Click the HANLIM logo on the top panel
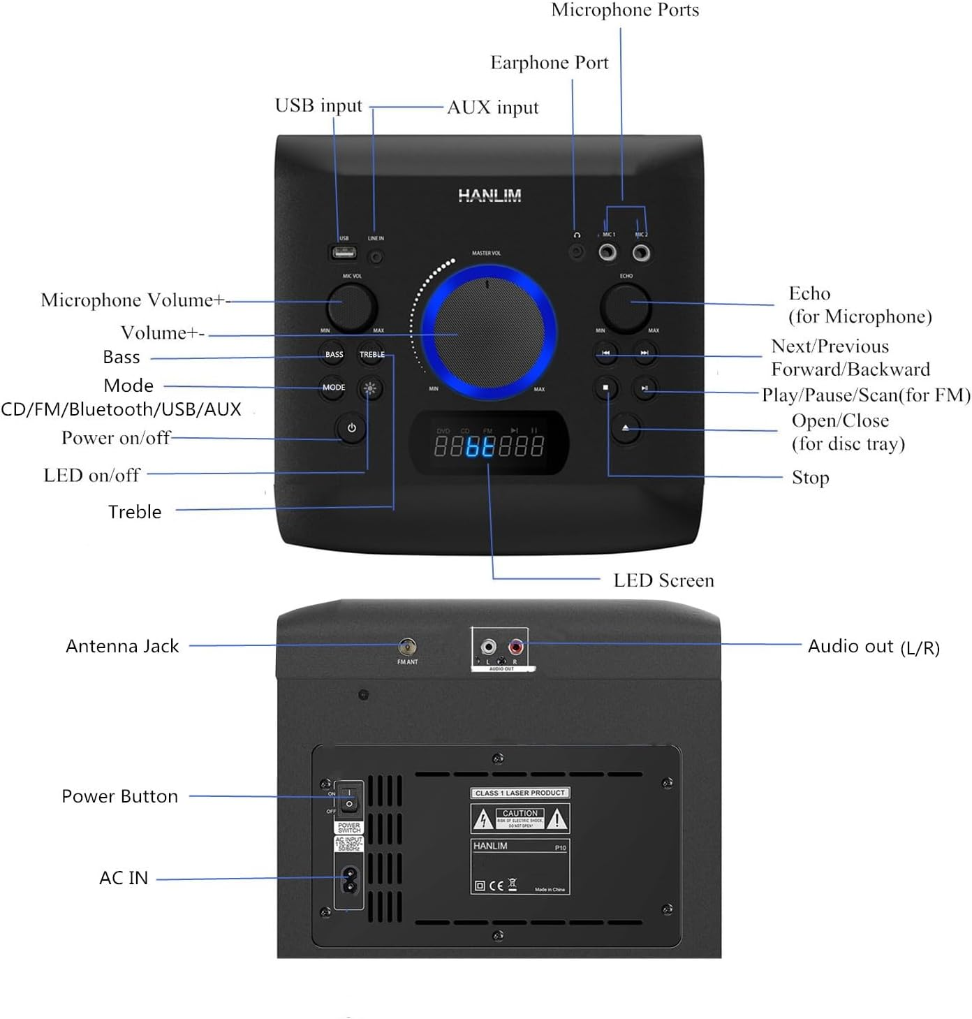tap(489, 196)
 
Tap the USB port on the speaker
tap(344, 252)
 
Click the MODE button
tap(334, 388)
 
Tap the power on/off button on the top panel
tap(351, 428)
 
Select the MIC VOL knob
tap(352, 306)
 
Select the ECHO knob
tap(626, 307)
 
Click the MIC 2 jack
tap(641, 252)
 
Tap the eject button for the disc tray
tap(626, 427)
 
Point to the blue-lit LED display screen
tap(489, 444)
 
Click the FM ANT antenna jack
tap(407, 646)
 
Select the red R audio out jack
tap(516, 647)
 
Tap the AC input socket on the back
tap(348, 880)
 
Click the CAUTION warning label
tap(520, 819)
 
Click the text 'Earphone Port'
tap(549, 63)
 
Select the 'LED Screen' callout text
tap(663, 580)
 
